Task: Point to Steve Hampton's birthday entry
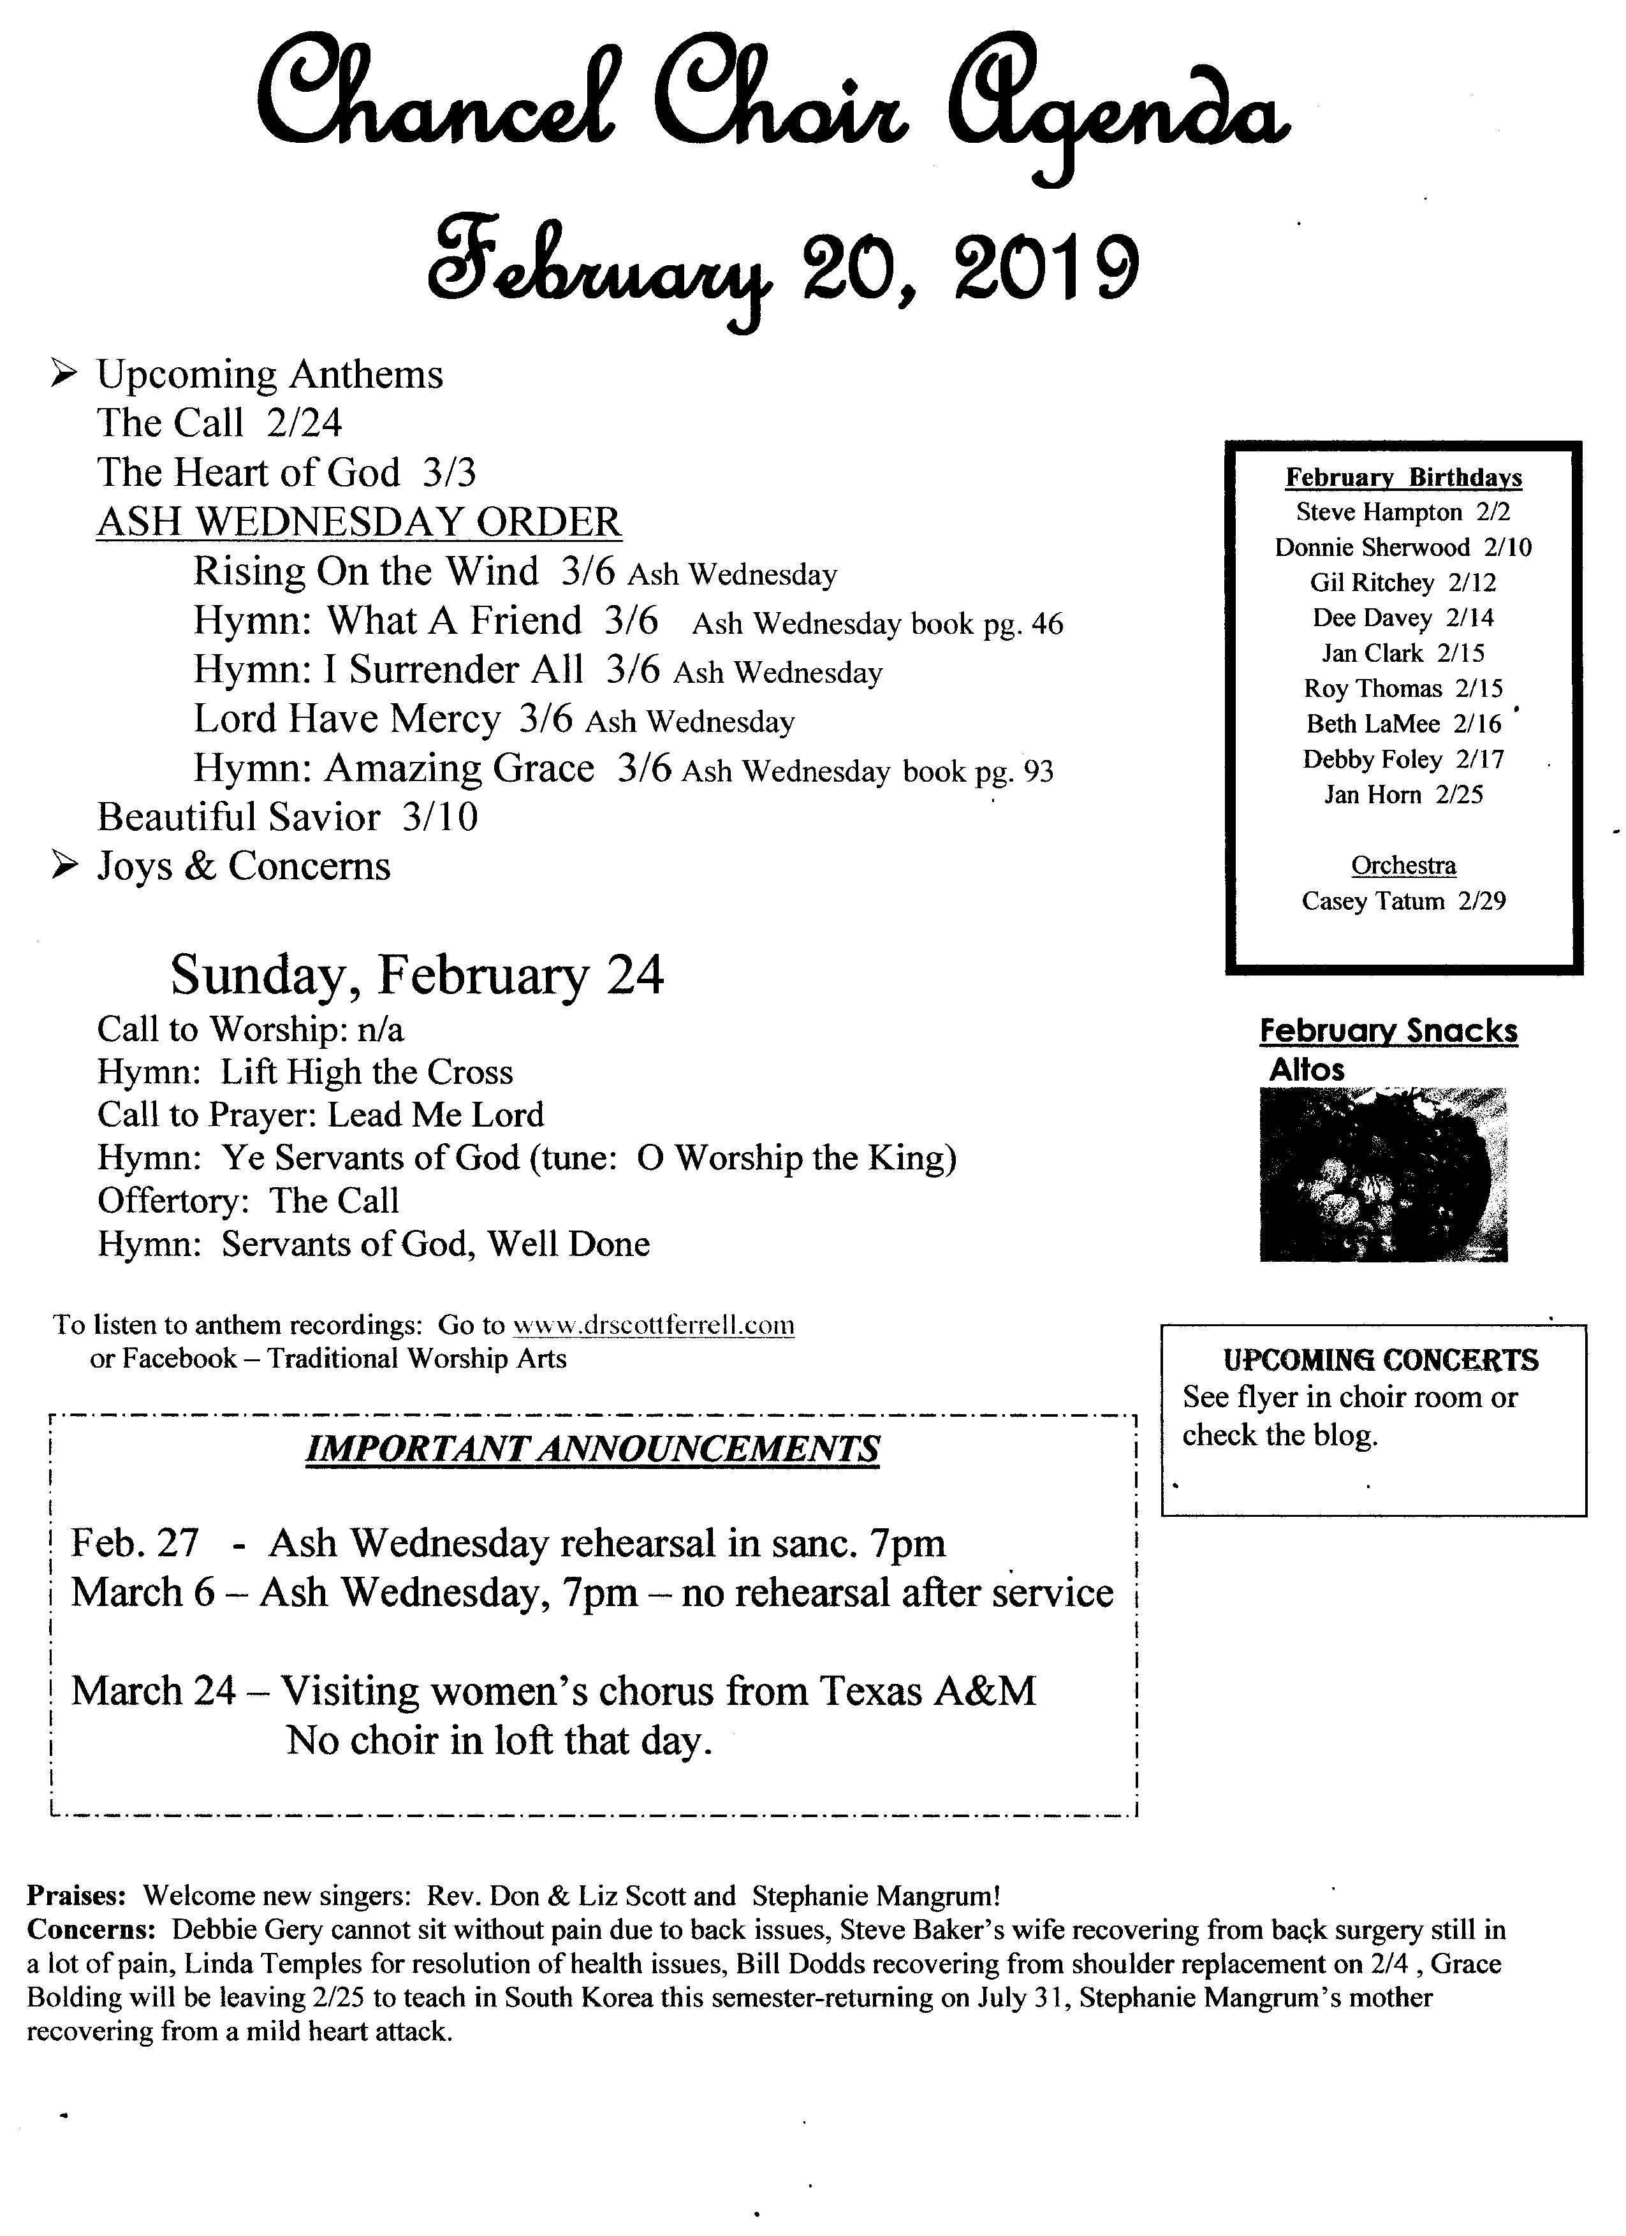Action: pyautogui.click(x=1402, y=512)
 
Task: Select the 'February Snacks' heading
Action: pyautogui.click(x=1388, y=1030)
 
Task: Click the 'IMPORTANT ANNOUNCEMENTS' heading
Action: pyautogui.click(x=592, y=1449)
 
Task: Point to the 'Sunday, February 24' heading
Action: pyautogui.click(x=417, y=974)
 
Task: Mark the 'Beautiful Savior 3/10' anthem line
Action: pyautogui.click(x=287, y=816)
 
